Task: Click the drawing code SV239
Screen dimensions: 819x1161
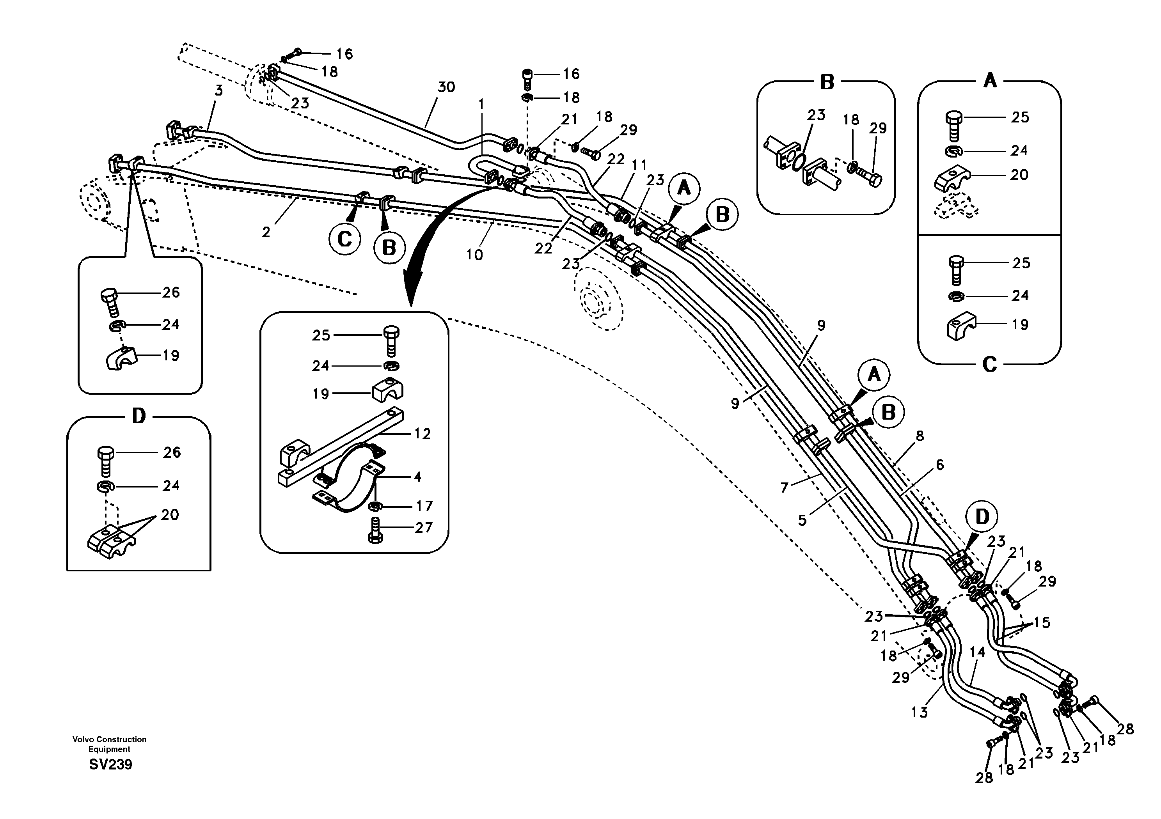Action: (110, 764)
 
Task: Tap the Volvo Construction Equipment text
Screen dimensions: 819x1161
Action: (109, 744)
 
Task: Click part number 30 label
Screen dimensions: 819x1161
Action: (446, 87)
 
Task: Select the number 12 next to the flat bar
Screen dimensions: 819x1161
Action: (422, 434)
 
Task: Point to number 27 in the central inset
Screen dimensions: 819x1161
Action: (423, 528)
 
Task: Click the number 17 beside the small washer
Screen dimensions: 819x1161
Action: (424, 506)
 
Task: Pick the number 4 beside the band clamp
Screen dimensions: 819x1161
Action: (417, 477)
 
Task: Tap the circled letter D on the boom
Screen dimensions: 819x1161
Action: (982, 517)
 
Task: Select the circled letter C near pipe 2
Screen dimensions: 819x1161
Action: (344, 239)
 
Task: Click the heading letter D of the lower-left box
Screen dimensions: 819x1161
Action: (138, 417)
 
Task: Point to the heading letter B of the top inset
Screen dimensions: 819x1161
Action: (827, 82)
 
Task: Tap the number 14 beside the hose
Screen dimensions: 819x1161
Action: (977, 652)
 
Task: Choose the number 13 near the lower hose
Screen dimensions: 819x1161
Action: (919, 712)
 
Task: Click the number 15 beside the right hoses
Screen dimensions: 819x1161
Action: (1042, 623)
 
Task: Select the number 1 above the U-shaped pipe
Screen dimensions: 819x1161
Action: (481, 105)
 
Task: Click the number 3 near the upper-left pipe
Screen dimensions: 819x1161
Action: (218, 91)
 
